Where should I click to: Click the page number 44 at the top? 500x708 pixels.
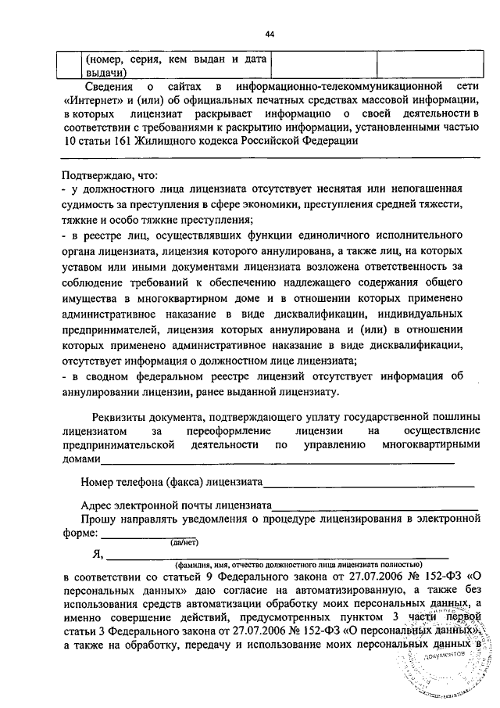[x=270, y=34]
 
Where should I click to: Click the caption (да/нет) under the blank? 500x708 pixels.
[x=185, y=541]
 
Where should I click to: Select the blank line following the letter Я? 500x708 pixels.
[x=266, y=556]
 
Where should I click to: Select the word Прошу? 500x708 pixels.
[x=101, y=519]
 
